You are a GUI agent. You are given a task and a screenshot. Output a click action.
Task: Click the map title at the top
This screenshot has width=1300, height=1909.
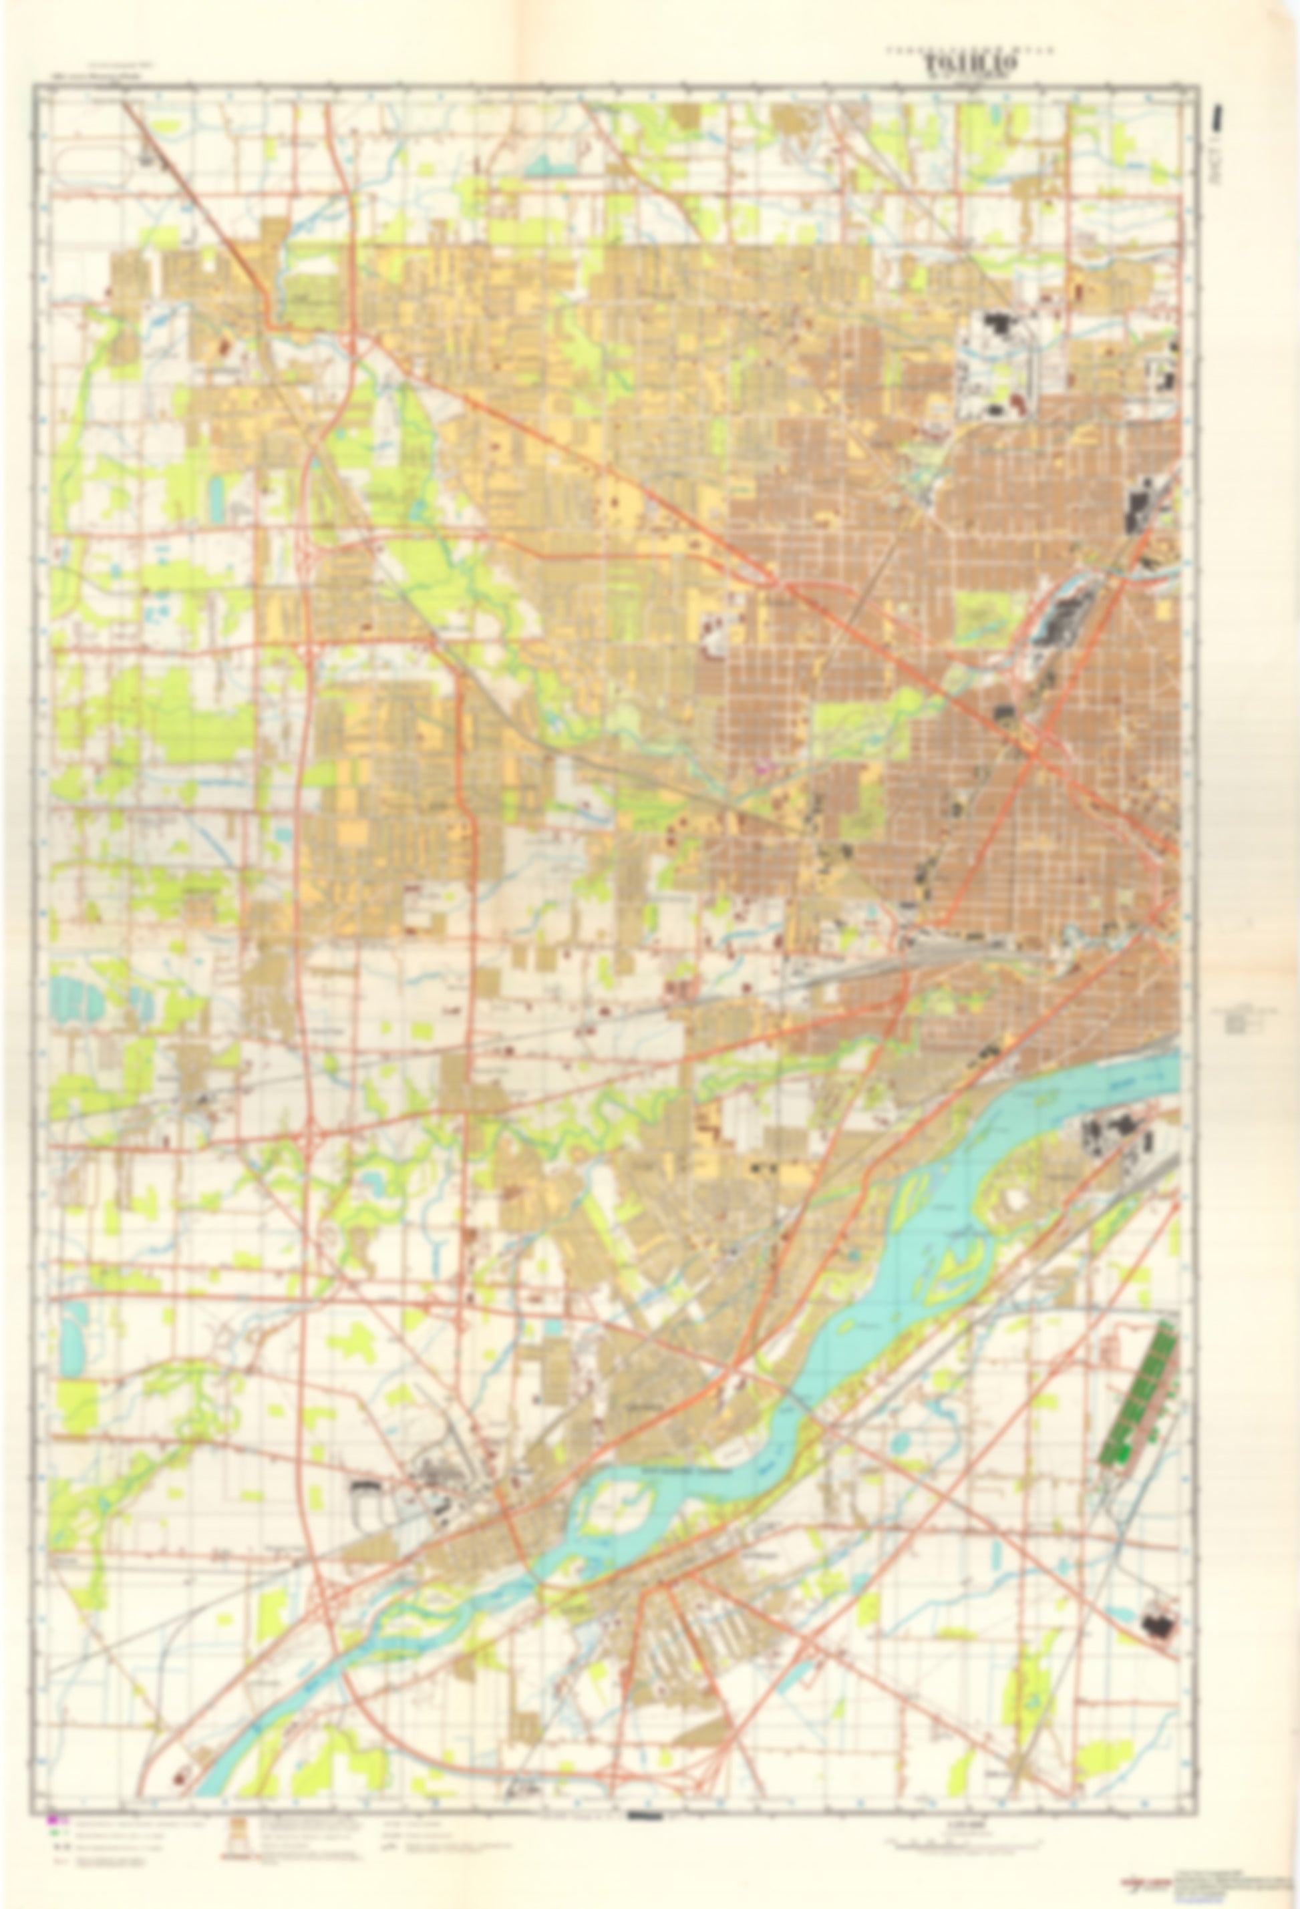point(971,62)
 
